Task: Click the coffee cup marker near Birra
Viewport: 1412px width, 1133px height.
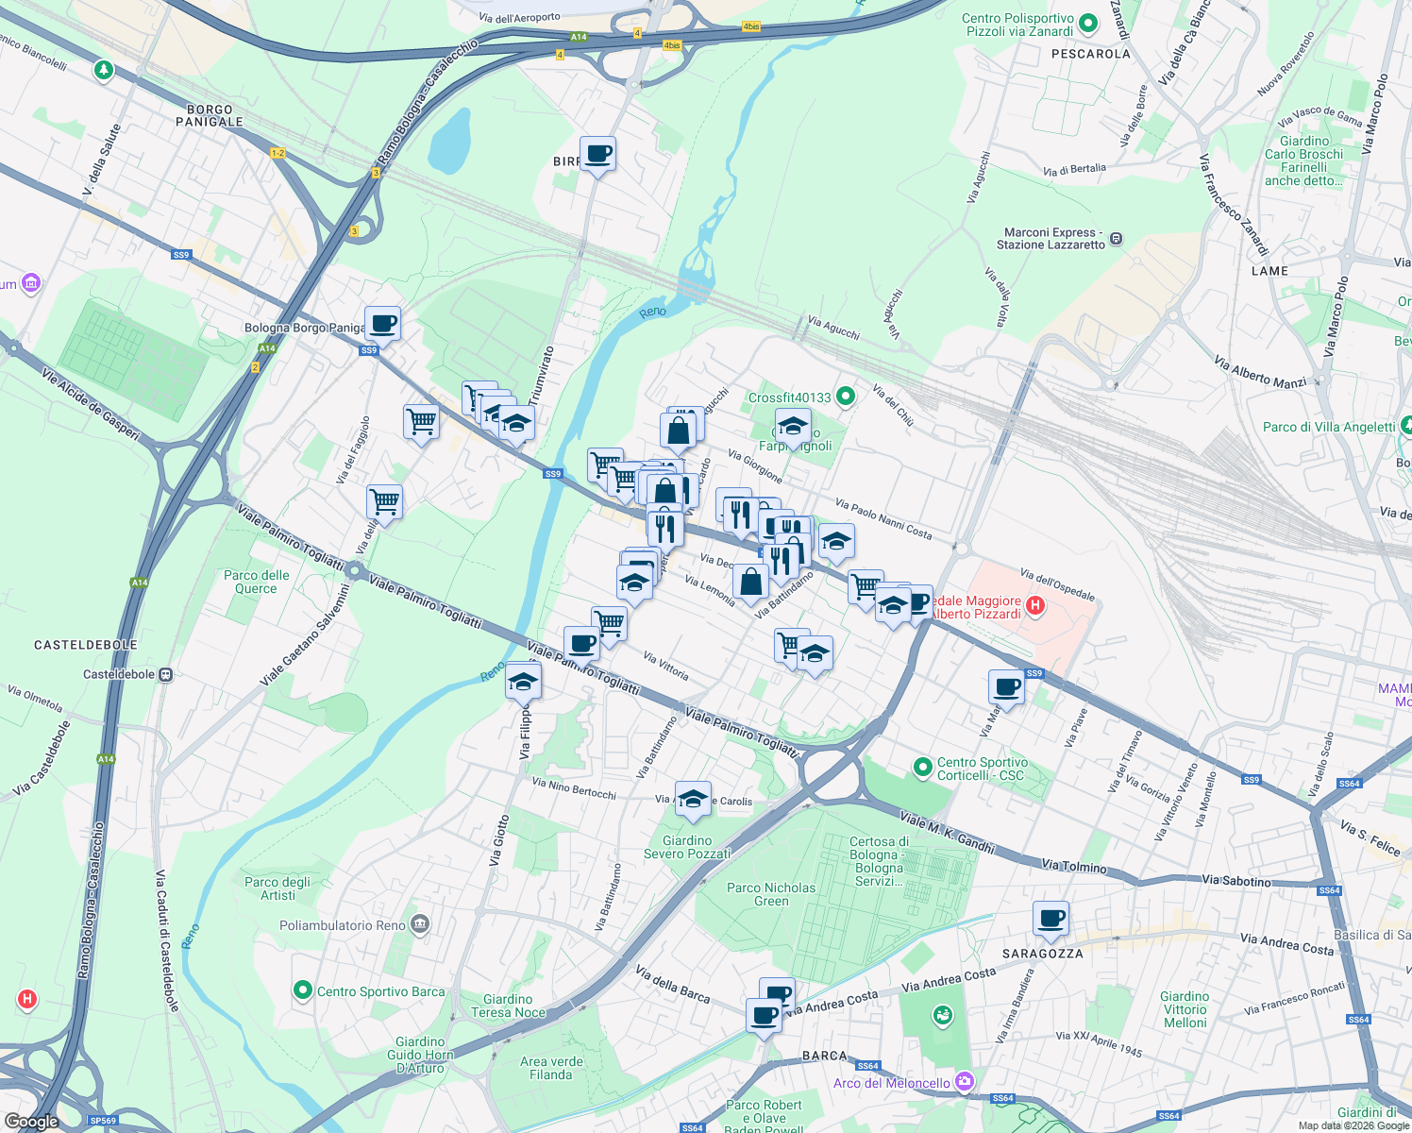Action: click(597, 154)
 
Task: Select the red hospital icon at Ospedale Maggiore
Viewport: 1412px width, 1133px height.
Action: click(1035, 606)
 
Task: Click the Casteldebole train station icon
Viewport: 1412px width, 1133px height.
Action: click(166, 675)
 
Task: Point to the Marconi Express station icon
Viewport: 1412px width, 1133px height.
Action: click(1117, 239)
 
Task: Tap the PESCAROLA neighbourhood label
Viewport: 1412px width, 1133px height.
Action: click(1090, 54)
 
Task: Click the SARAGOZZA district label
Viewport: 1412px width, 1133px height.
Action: click(1042, 954)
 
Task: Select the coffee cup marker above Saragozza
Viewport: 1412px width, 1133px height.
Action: click(1051, 918)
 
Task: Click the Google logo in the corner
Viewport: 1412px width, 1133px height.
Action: click(32, 1122)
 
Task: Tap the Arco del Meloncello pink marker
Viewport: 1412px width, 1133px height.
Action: click(964, 1081)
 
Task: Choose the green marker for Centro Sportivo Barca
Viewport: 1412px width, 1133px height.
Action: click(303, 990)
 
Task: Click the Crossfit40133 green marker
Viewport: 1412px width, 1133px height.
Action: click(846, 397)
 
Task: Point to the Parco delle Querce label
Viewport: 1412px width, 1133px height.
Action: click(257, 582)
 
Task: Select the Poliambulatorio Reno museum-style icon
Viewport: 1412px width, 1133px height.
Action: click(421, 924)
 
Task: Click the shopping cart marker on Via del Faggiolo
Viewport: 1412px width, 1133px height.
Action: click(384, 501)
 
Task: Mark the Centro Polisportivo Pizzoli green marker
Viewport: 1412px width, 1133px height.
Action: click(1088, 24)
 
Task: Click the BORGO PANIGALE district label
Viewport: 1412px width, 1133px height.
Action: click(210, 115)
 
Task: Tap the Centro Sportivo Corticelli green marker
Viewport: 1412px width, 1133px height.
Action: click(923, 768)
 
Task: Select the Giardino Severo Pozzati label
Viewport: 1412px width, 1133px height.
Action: click(687, 847)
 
